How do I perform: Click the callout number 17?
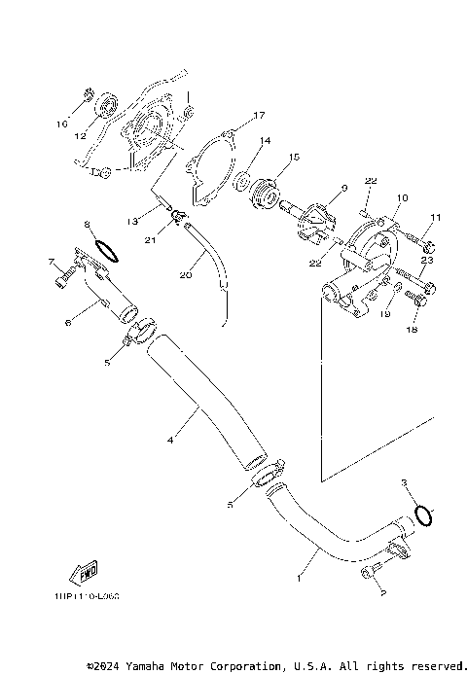click(259, 116)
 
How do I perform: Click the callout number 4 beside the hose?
click(170, 440)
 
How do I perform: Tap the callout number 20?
click(185, 275)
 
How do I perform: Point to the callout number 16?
click(60, 124)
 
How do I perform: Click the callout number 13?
click(130, 220)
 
